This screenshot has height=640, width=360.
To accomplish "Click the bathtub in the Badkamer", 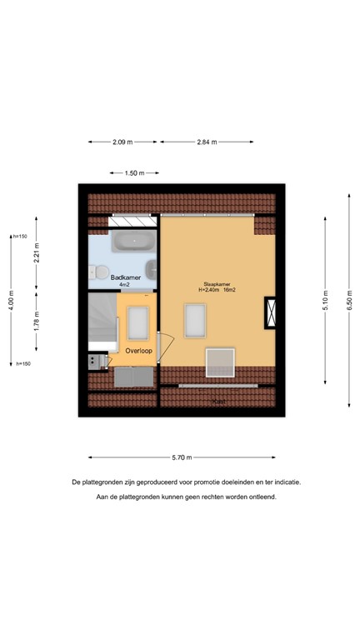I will [x=133, y=242].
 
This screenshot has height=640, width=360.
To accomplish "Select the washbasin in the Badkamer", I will [x=150, y=269].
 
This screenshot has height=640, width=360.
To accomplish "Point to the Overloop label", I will [x=139, y=351].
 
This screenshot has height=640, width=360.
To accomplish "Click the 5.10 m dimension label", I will [x=325, y=299].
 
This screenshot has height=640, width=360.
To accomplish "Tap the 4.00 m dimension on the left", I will [x=12, y=299].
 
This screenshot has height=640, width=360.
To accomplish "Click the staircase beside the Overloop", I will [x=104, y=321].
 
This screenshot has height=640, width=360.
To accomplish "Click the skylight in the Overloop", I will [x=137, y=320].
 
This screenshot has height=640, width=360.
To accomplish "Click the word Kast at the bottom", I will [x=219, y=402].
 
